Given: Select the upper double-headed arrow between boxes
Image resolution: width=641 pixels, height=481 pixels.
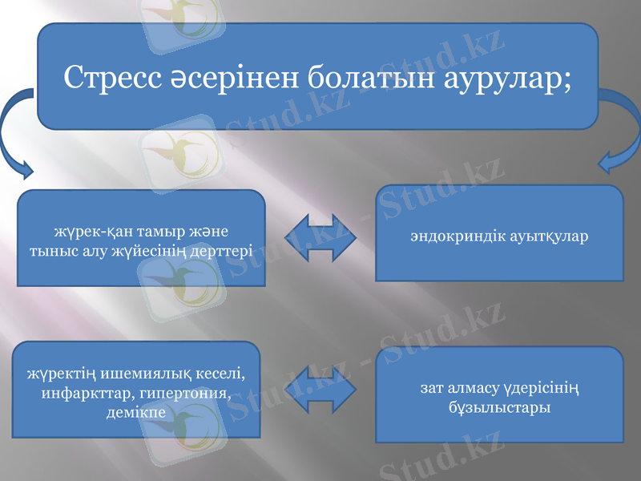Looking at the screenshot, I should coord(320,237).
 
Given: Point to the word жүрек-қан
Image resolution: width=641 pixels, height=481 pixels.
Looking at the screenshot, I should coord(89,232).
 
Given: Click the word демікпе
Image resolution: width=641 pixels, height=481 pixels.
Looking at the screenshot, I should coord(135,413).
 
